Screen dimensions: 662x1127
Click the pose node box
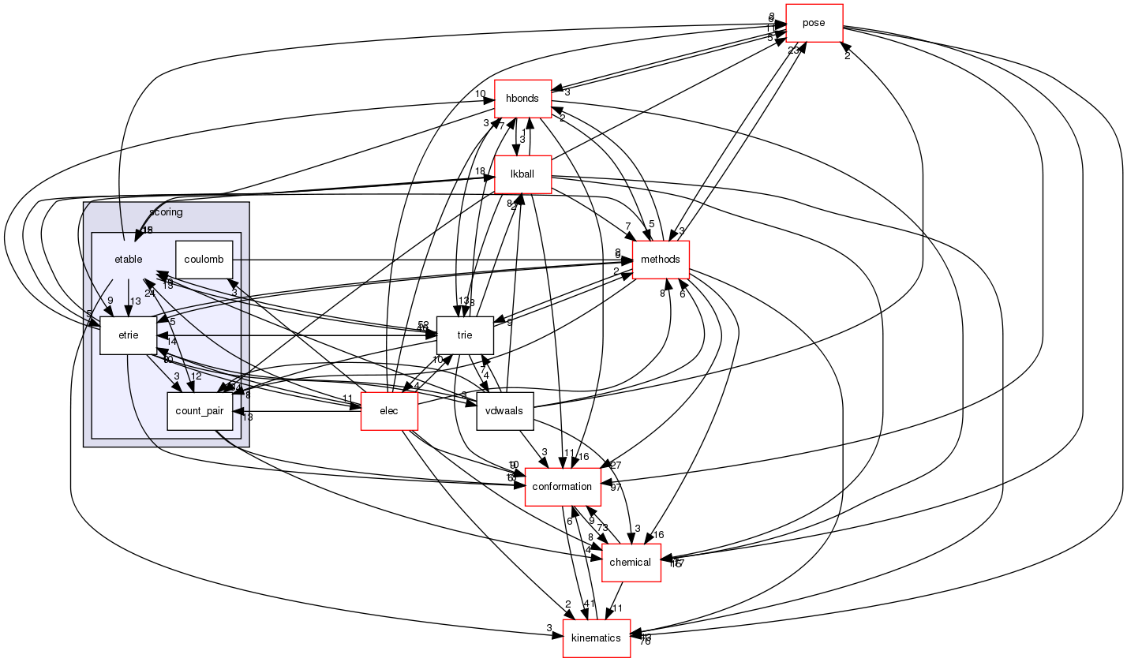(x=814, y=23)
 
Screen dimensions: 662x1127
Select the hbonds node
(x=522, y=99)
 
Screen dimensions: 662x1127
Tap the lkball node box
(x=522, y=174)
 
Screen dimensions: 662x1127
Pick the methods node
(x=661, y=260)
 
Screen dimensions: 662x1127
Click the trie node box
(x=465, y=335)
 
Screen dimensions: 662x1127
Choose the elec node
(x=388, y=411)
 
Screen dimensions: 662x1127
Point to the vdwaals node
(x=505, y=411)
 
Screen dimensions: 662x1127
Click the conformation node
(x=562, y=486)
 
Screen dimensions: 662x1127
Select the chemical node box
(x=631, y=563)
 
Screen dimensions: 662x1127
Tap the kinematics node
(x=596, y=638)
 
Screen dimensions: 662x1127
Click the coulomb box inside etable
(x=203, y=260)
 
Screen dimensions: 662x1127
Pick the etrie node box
(x=128, y=335)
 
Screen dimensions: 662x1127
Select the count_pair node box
(x=199, y=411)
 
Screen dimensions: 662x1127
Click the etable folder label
(x=128, y=260)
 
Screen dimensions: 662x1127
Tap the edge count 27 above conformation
(x=616, y=466)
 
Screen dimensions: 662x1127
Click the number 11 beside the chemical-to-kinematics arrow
(x=618, y=608)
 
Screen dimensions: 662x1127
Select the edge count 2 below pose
(x=847, y=57)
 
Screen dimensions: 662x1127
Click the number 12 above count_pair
(x=197, y=376)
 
